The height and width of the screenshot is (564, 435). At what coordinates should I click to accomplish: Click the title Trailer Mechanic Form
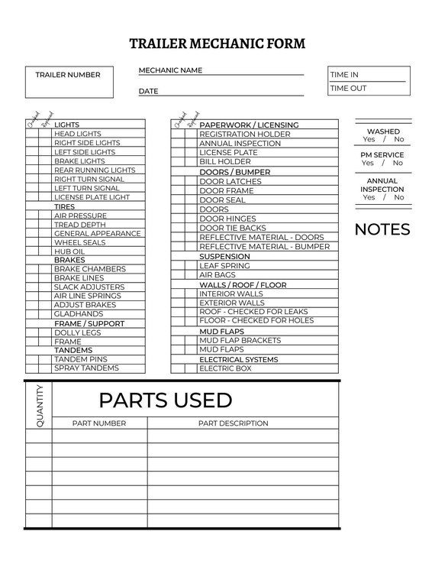pyautogui.click(x=217, y=44)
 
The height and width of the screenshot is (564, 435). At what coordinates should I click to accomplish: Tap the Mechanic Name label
pyautogui.click(x=170, y=70)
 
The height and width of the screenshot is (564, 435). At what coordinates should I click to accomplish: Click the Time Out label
pyautogui.click(x=348, y=89)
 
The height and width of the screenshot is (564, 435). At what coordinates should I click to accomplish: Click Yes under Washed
pyautogui.click(x=369, y=140)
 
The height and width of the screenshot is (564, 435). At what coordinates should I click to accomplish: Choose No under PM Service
pyautogui.click(x=398, y=163)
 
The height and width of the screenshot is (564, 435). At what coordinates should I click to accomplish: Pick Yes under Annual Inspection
pyautogui.click(x=369, y=197)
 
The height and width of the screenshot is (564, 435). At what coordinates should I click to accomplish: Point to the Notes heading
pyautogui.click(x=382, y=229)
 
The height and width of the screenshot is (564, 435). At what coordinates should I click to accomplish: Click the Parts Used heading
pyautogui.click(x=165, y=400)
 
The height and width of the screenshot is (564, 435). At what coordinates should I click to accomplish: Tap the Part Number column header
pyautogui.click(x=99, y=423)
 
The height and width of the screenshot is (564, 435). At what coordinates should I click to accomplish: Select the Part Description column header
pyautogui.click(x=233, y=423)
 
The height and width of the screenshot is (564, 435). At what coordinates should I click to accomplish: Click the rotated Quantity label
pyautogui.click(x=39, y=405)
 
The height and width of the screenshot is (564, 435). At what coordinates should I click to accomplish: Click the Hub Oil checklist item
pyautogui.click(x=69, y=251)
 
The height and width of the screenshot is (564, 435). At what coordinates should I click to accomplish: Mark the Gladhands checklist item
pyautogui.click(x=78, y=314)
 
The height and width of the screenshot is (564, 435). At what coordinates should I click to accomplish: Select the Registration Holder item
pyautogui.click(x=234, y=135)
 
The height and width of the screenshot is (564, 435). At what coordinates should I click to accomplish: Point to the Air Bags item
pyautogui.click(x=217, y=275)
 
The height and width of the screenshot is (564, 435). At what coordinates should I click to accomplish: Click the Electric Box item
pyautogui.click(x=225, y=368)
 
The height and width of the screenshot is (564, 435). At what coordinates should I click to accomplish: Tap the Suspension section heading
pyautogui.click(x=224, y=257)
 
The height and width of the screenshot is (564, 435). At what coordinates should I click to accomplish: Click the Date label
pyautogui.click(x=148, y=91)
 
